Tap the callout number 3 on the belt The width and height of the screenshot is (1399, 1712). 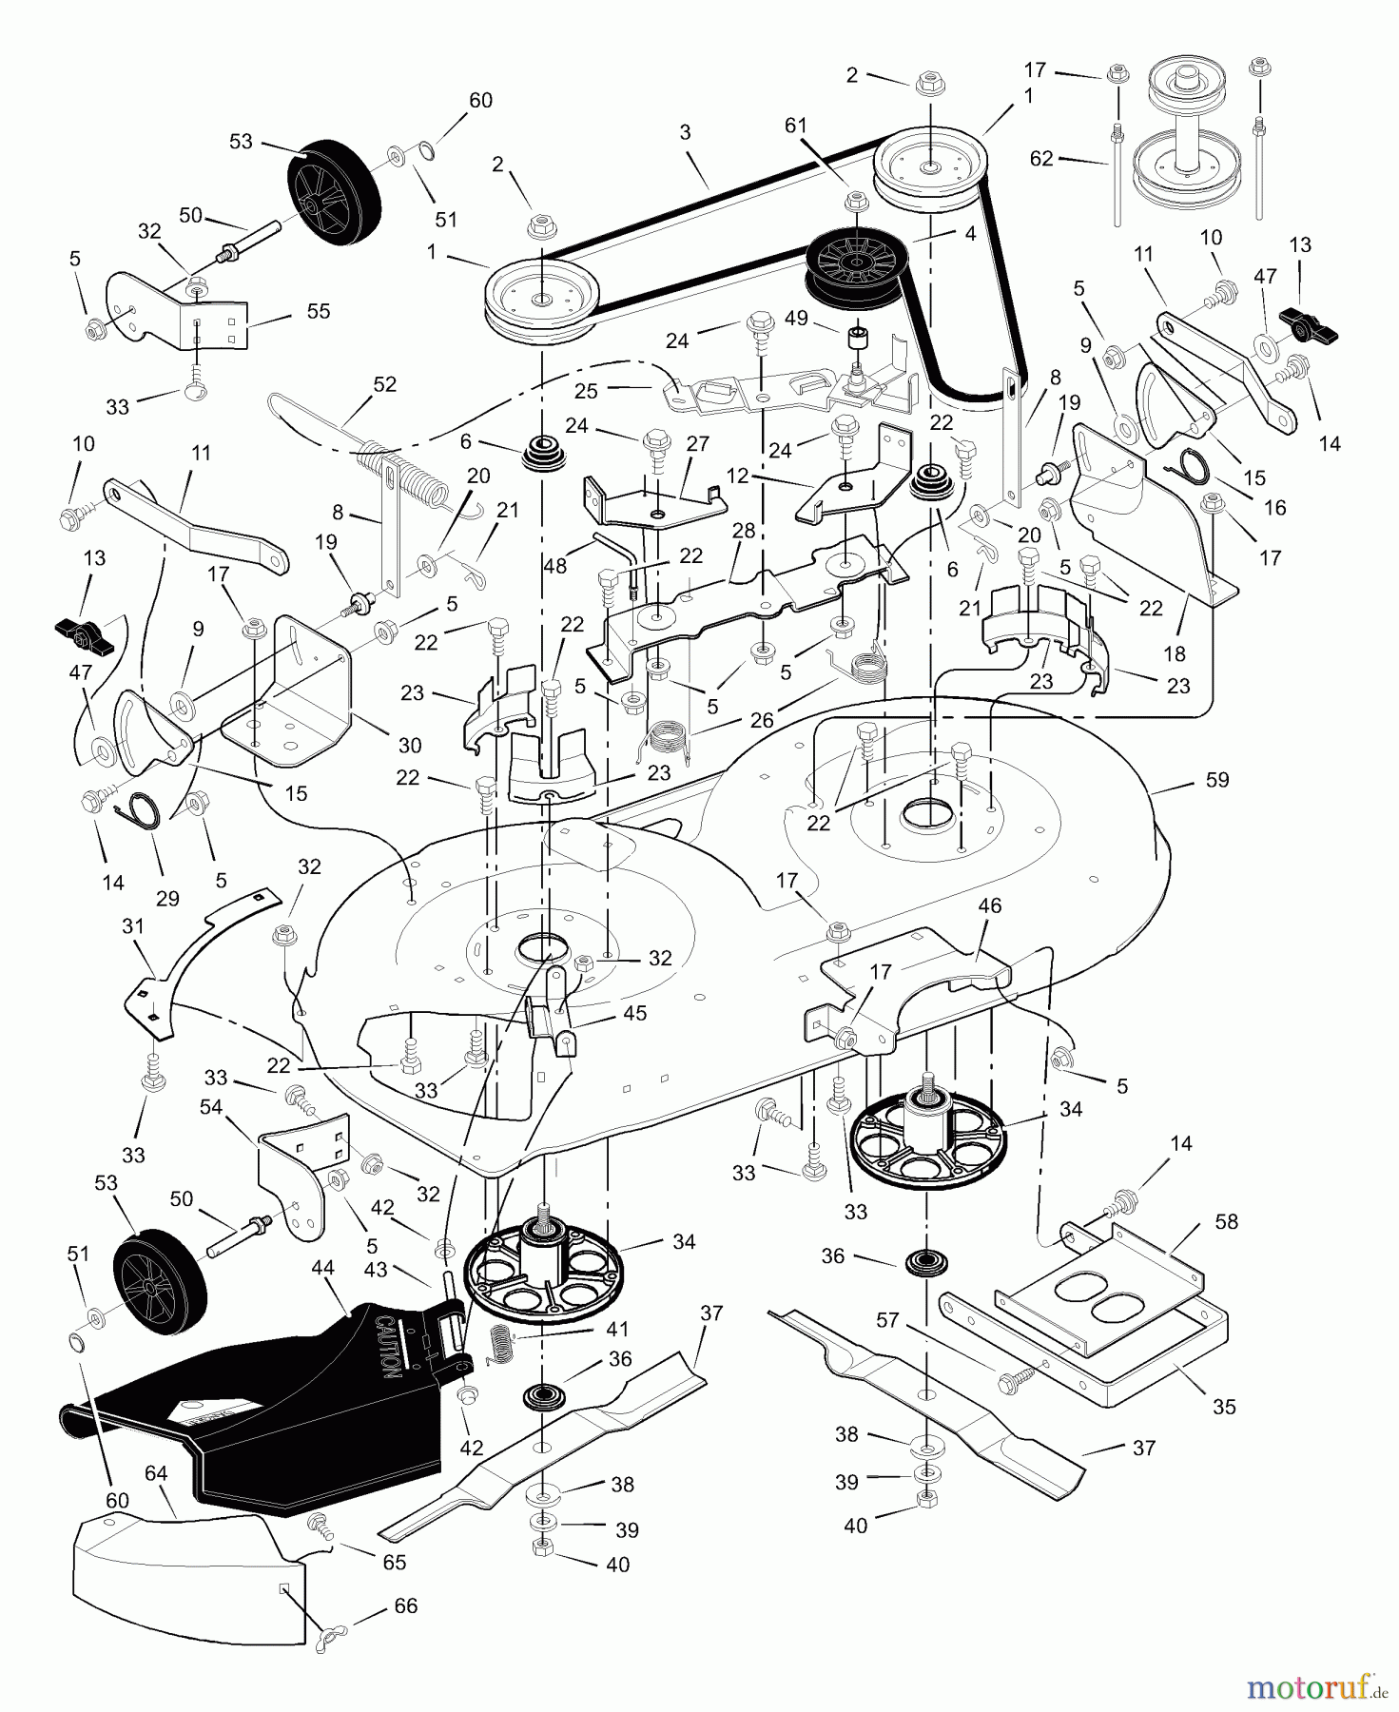pyautogui.click(x=685, y=132)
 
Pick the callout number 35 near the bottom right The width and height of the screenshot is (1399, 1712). pyautogui.click(x=1224, y=1406)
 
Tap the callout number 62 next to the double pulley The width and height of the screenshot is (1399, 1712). pyautogui.click(x=1041, y=159)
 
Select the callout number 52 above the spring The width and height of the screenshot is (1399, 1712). pyautogui.click(x=384, y=384)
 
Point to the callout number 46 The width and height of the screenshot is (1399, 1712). pyautogui.click(x=989, y=905)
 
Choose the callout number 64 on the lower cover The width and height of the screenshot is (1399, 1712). pyautogui.click(x=156, y=1473)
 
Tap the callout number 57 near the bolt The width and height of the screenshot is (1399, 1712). pyautogui.click(x=887, y=1319)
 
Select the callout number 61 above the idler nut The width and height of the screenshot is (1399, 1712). pyautogui.click(x=796, y=126)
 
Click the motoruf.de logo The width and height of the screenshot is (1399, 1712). pyautogui.click(x=1316, y=1688)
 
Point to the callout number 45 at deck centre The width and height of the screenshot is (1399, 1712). pyautogui.click(x=634, y=1013)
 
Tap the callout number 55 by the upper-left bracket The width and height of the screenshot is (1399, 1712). pyautogui.click(x=319, y=311)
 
